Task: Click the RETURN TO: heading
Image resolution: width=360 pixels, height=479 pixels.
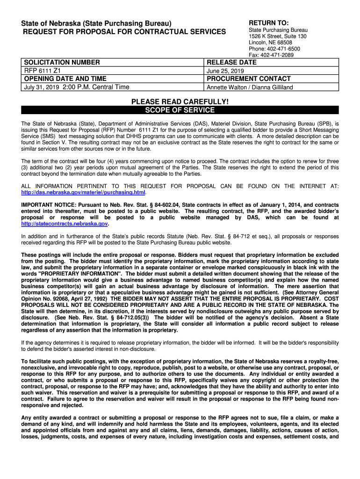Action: [268, 23]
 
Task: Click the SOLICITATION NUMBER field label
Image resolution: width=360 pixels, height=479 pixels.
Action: [62, 62]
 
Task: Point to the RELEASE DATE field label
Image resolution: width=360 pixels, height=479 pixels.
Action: [231, 62]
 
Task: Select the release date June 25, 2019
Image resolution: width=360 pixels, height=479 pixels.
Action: [225, 71]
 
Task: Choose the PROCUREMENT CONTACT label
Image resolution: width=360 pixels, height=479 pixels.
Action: [249, 79]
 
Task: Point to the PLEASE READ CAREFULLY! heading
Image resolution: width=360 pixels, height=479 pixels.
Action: [180, 102]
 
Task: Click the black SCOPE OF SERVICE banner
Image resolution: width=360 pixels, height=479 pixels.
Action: [180, 110]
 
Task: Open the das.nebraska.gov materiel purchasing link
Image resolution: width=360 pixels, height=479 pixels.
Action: [84, 192]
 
